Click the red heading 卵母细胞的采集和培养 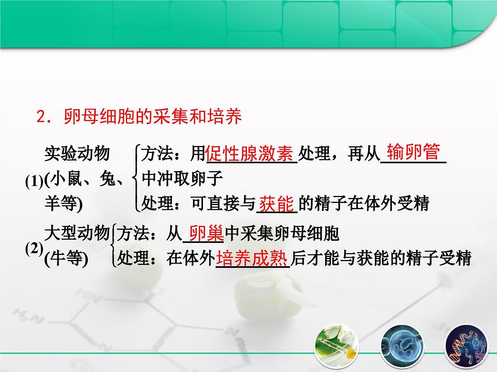[x=152, y=117]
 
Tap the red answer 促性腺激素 [x=251, y=154]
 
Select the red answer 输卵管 [x=413, y=153]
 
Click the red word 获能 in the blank [x=277, y=204]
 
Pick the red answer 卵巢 [x=206, y=234]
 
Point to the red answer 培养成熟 [x=252, y=259]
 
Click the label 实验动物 [x=77, y=154]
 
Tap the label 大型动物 [x=77, y=234]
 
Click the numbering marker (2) [x=34, y=249]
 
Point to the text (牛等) [x=66, y=260]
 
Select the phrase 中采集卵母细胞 [x=282, y=234]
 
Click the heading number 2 [x=41, y=117]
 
